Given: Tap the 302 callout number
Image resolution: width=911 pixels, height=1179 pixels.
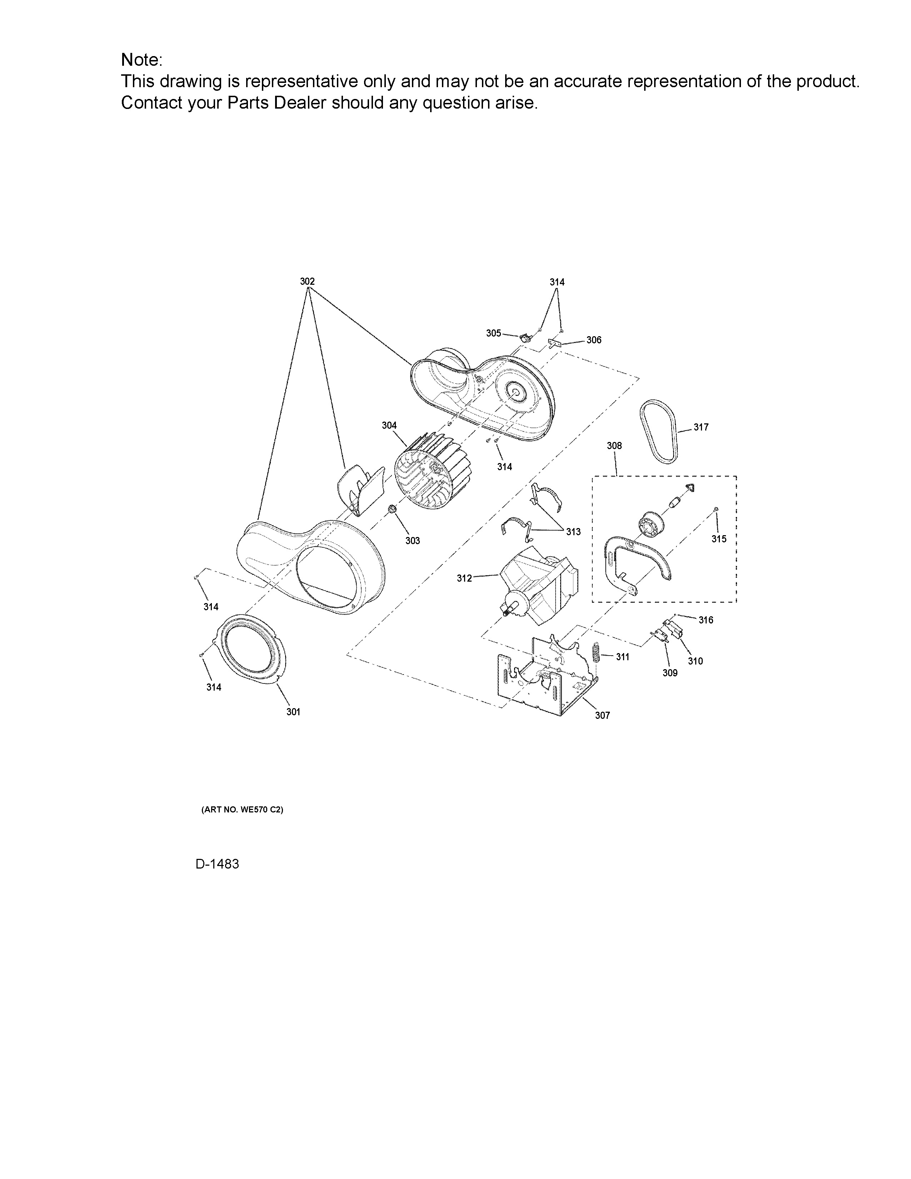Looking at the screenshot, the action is click(x=307, y=281).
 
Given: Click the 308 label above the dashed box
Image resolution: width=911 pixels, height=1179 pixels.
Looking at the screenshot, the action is click(x=614, y=446).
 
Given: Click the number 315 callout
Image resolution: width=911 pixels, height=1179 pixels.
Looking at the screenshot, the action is click(x=719, y=539).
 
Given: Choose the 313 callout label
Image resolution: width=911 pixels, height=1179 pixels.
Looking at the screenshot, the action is click(x=573, y=532).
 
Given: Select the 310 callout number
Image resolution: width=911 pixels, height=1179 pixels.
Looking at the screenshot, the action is click(x=695, y=661).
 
